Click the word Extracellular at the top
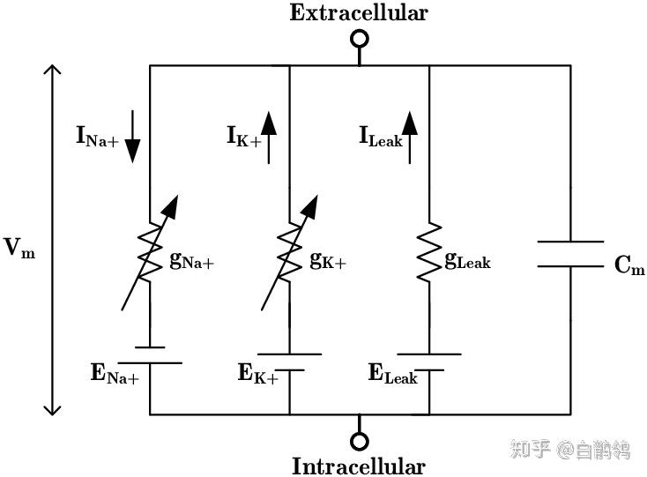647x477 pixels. coord(359,13)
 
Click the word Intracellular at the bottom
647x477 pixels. coord(359,466)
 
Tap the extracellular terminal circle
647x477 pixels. coord(359,39)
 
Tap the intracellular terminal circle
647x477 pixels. coord(359,440)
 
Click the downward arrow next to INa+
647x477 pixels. coord(131,137)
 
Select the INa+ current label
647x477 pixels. coord(97,137)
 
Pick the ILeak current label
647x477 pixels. coord(380,137)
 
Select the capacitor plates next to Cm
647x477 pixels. coord(569,254)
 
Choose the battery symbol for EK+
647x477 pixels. coord(289,361)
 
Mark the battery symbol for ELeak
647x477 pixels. coord(429,361)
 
